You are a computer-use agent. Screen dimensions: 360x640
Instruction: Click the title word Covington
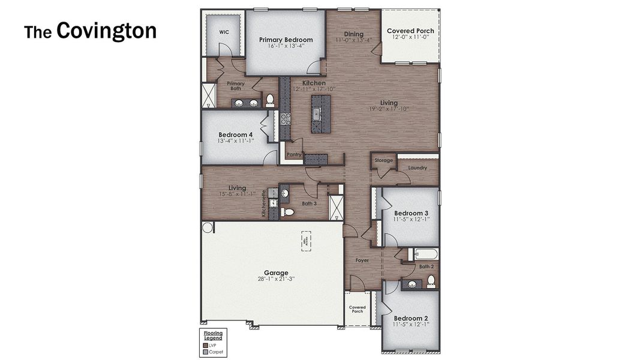[106, 31]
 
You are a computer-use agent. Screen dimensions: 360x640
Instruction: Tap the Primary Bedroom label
[286, 40]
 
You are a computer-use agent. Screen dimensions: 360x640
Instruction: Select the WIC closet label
[224, 32]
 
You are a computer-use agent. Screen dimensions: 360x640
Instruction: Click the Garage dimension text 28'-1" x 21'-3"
[276, 279]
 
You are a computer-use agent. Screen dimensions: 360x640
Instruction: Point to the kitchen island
[320, 114]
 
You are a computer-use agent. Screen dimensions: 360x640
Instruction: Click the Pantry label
[294, 154]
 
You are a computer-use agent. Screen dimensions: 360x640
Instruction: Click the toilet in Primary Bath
[269, 100]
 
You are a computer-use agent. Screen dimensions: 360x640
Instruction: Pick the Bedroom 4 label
[235, 134]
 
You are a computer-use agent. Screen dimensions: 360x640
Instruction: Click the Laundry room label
[417, 168]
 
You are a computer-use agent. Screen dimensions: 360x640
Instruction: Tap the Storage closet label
[384, 161]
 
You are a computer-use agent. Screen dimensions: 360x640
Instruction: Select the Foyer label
[362, 260]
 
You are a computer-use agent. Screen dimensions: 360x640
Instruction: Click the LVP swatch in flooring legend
[206, 345]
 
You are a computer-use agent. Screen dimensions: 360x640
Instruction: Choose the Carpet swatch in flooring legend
[206, 352]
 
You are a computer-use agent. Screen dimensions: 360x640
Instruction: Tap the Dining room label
[353, 34]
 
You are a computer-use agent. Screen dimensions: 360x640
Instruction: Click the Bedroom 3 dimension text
[410, 220]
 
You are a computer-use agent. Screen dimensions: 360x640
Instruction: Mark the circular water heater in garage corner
[207, 227]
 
